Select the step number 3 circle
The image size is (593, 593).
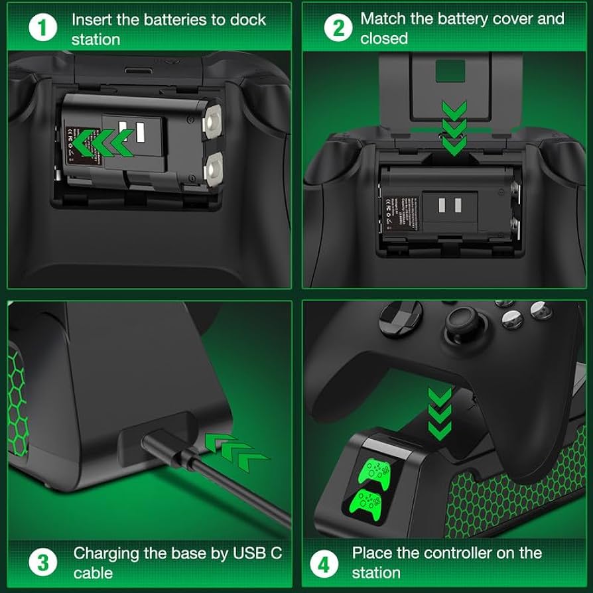(42, 562)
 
